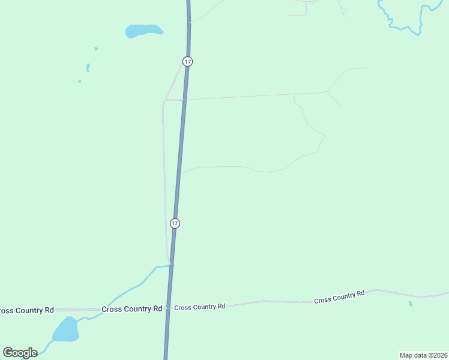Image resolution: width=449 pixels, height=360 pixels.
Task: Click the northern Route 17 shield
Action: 188,62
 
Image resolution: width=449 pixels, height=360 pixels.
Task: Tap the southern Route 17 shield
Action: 175,223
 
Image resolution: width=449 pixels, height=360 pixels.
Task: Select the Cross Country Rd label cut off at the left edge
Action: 26,310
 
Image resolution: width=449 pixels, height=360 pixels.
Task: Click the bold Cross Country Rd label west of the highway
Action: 132,309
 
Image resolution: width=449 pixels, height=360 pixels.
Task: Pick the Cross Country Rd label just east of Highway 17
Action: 200,307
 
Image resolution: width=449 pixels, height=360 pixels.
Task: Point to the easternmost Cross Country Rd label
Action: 339,297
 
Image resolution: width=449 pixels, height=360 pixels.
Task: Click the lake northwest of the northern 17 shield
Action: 143,31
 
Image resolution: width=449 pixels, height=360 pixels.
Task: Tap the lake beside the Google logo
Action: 65,329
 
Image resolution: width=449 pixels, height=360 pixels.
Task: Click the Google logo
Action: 20,353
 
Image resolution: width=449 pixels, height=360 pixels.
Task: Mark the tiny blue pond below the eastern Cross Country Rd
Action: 411,304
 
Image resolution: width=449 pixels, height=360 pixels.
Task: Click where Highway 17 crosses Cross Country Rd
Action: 169,308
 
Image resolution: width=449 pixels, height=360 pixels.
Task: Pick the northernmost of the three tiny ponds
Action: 96,49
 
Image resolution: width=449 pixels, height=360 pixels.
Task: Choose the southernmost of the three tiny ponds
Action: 79,82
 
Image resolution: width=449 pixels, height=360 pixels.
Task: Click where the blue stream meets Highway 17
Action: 171,265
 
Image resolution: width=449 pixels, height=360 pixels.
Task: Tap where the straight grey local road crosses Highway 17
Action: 184,100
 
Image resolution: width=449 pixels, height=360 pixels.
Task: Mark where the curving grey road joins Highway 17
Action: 179,173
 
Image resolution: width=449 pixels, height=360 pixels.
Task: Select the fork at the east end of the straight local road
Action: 328,91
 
